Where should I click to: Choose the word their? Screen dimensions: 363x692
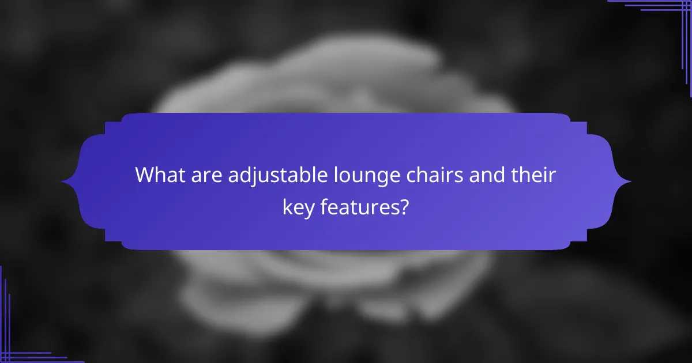535,175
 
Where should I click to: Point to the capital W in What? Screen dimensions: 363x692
145,175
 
